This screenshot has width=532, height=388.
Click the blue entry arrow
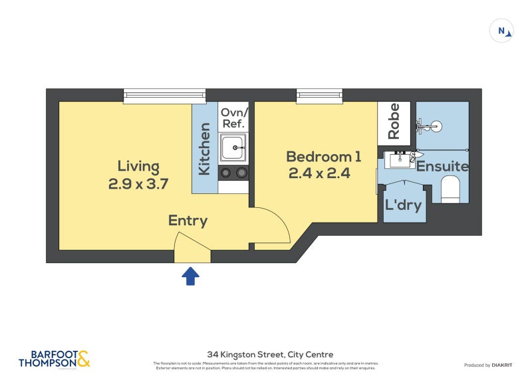pyautogui.click(x=191, y=276)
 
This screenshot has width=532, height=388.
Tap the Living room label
pyautogui.click(x=138, y=166)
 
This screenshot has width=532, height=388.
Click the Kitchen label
pyautogui.click(x=205, y=149)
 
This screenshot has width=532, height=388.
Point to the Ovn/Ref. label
pyautogui.click(x=233, y=118)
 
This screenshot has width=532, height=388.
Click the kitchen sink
pyautogui.click(x=233, y=147)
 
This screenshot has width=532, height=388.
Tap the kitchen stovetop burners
pyautogui.click(x=233, y=173)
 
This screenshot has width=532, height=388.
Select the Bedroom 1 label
pyautogui.click(x=323, y=157)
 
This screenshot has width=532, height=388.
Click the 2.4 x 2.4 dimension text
pyautogui.click(x=319, y=174)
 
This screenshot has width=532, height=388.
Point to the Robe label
pyautogui.click(x=394, y=121)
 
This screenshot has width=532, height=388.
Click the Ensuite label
pyautogui.click(x=443, y=167)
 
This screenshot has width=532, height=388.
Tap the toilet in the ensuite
pyautogui.click(x=451, y=189)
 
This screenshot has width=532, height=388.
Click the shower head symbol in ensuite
pyautogui.click(x=432, y=124)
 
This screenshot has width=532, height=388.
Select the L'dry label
pyautogui.click(x=404, y=205)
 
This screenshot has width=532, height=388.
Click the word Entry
pyautogui.click(x=188, y=221)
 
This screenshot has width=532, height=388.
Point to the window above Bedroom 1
pyautogui.click(x=319, y=97)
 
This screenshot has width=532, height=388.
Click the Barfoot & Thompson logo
pyautogui.click(x=54, y=359)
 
